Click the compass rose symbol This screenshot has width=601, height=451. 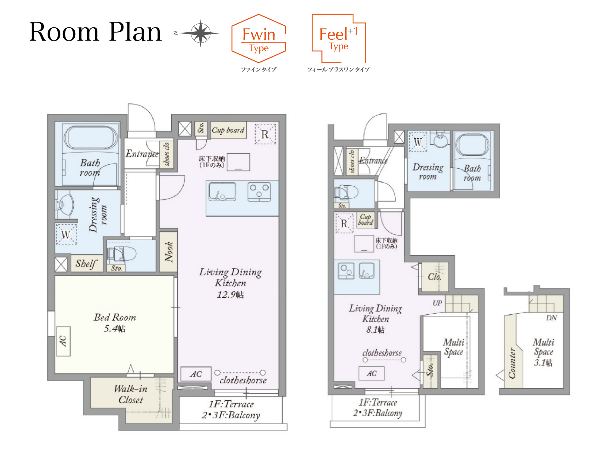click(200, 33)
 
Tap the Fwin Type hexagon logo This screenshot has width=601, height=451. click(259, 38)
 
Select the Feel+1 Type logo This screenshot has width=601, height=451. click(339, 38)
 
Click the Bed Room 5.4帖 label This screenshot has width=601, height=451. click(115, 323)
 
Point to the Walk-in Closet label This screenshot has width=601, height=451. click(131, 394)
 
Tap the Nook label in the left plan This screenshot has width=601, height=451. click(169, 252)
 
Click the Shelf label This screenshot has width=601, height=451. click(86, 263)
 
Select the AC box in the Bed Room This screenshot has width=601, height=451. click(64, 341)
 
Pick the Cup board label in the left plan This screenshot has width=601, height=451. click(228, 130)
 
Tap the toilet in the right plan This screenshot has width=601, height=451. click(346, 192)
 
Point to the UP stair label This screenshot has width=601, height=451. click(437, 303)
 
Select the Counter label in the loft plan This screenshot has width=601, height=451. click(512, 363)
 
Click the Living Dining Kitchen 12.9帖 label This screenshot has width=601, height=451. click(230, 283)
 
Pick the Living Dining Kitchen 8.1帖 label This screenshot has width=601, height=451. click(375, 319)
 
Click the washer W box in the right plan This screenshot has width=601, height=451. click(418, 142)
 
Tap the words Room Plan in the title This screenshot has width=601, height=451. click(95, 32)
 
